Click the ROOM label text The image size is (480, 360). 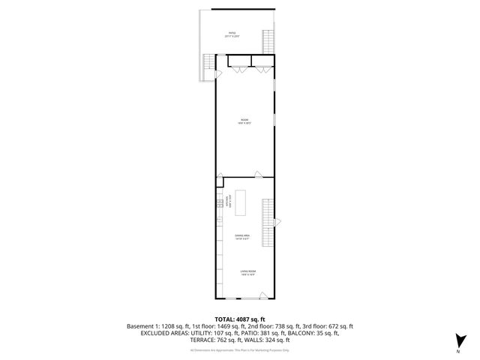[x=244, y=121]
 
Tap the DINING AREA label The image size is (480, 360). [x=241, y=236]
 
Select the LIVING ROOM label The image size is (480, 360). [x=248, y=273]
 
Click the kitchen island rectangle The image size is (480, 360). [x=241, y=199]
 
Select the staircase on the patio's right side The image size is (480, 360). [x=268, y=40]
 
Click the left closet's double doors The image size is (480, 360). [x=239, y=69]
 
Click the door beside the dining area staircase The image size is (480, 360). [x=277, y=222]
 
